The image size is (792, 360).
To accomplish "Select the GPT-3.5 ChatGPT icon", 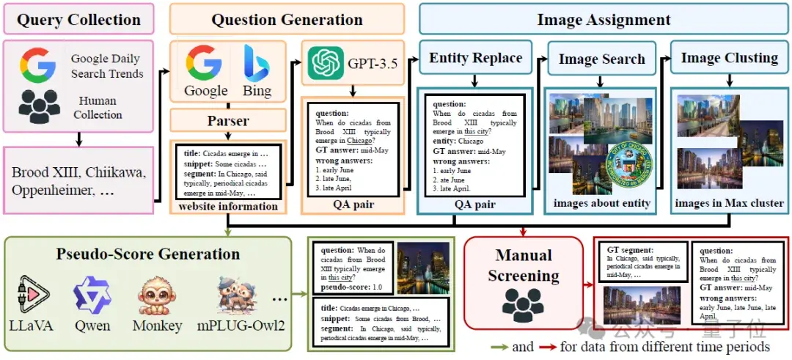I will pos(323,63).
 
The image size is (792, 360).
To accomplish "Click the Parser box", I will pos(227,120).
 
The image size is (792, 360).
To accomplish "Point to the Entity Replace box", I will pos(475,58).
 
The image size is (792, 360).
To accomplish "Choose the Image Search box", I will pos(601,59).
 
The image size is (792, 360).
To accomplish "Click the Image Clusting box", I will pos(729,58).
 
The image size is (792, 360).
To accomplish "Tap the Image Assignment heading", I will pos(604,20).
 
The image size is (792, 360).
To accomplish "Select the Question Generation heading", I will pos(287,20).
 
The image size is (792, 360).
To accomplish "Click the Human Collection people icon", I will pos(40,107).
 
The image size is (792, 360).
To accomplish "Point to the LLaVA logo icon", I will pos(32,294).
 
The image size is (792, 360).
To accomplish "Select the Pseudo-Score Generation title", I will pos(148,254).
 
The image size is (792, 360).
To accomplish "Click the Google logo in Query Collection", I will pos(38,65).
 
